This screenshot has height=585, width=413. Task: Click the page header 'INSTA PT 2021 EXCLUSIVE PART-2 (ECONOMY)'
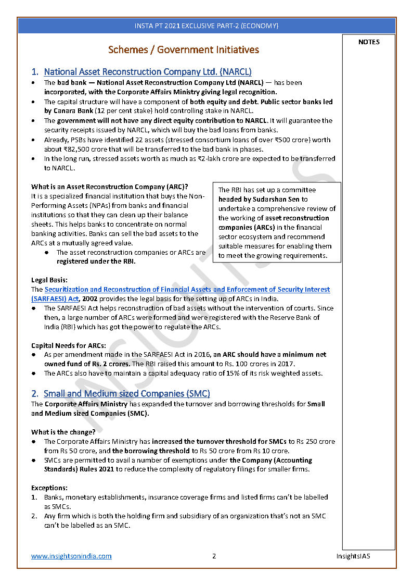(x=206, y=26)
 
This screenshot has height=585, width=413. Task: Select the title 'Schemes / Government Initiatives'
(x=183, y=50)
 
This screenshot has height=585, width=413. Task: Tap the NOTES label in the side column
(x=369, y=42)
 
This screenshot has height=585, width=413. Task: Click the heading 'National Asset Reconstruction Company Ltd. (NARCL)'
(x=147, y=72)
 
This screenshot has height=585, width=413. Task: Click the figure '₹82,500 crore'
(x=72, y=149)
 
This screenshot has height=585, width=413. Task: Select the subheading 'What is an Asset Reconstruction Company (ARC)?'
(x=110, y=186)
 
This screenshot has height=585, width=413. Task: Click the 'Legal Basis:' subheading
(x=49, y=280)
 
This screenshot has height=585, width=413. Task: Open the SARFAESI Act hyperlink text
(x=187, y=289)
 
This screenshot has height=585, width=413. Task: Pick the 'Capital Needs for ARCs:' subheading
(x=69, y=345)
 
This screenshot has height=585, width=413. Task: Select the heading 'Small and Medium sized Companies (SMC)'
(x=126, y=394)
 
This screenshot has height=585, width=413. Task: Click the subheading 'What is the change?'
(x=63, y=432)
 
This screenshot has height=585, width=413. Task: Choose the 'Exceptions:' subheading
(x=49, y=488)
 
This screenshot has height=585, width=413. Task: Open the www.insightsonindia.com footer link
(x=71, y=556)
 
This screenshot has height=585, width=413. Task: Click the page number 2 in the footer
(x=214, y=556)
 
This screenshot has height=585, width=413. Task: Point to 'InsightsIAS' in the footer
(x=353, y=556)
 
